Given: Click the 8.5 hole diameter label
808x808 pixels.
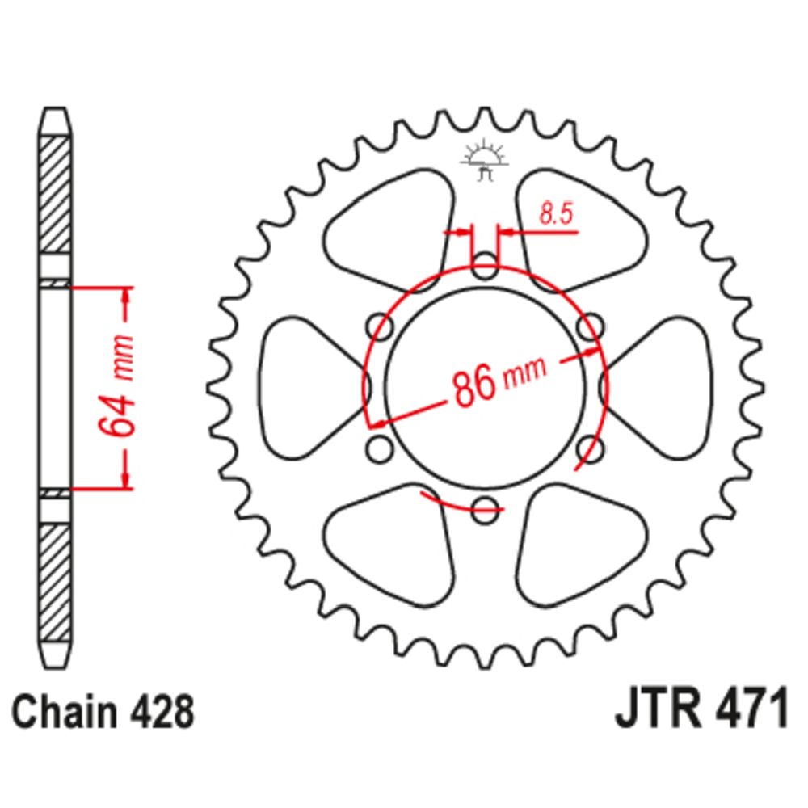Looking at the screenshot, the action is [x=556, y=214].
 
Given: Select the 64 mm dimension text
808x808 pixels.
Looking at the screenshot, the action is [x=116, y=385].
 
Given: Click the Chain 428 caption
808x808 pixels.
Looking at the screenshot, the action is [x=103, y=712].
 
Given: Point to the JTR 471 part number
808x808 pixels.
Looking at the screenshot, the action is [x=701, y=707].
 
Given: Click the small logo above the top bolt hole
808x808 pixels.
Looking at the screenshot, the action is [x=484, y=160].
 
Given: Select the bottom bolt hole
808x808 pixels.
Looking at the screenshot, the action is [x=485, y=510].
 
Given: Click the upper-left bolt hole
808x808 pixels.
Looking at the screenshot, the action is [x=379, y=326].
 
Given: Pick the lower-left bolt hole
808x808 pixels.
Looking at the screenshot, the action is [x=379, y=448].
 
